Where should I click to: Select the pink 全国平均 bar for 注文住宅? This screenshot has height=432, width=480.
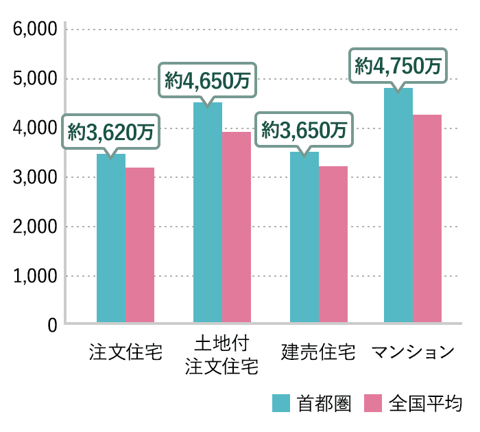140,245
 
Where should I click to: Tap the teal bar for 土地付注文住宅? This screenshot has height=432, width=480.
208,212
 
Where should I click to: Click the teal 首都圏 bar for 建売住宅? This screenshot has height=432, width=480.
304,237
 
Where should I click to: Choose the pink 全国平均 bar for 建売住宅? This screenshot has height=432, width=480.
333,244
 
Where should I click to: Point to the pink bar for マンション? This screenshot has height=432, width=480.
427,218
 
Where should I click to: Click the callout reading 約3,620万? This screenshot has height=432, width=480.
111,130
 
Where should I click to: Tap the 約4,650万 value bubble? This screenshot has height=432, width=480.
208,80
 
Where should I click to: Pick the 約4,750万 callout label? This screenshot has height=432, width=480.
398,65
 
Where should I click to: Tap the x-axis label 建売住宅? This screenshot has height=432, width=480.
319,353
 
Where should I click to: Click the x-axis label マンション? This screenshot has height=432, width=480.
413,353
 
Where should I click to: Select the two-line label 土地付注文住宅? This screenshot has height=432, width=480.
221,354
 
